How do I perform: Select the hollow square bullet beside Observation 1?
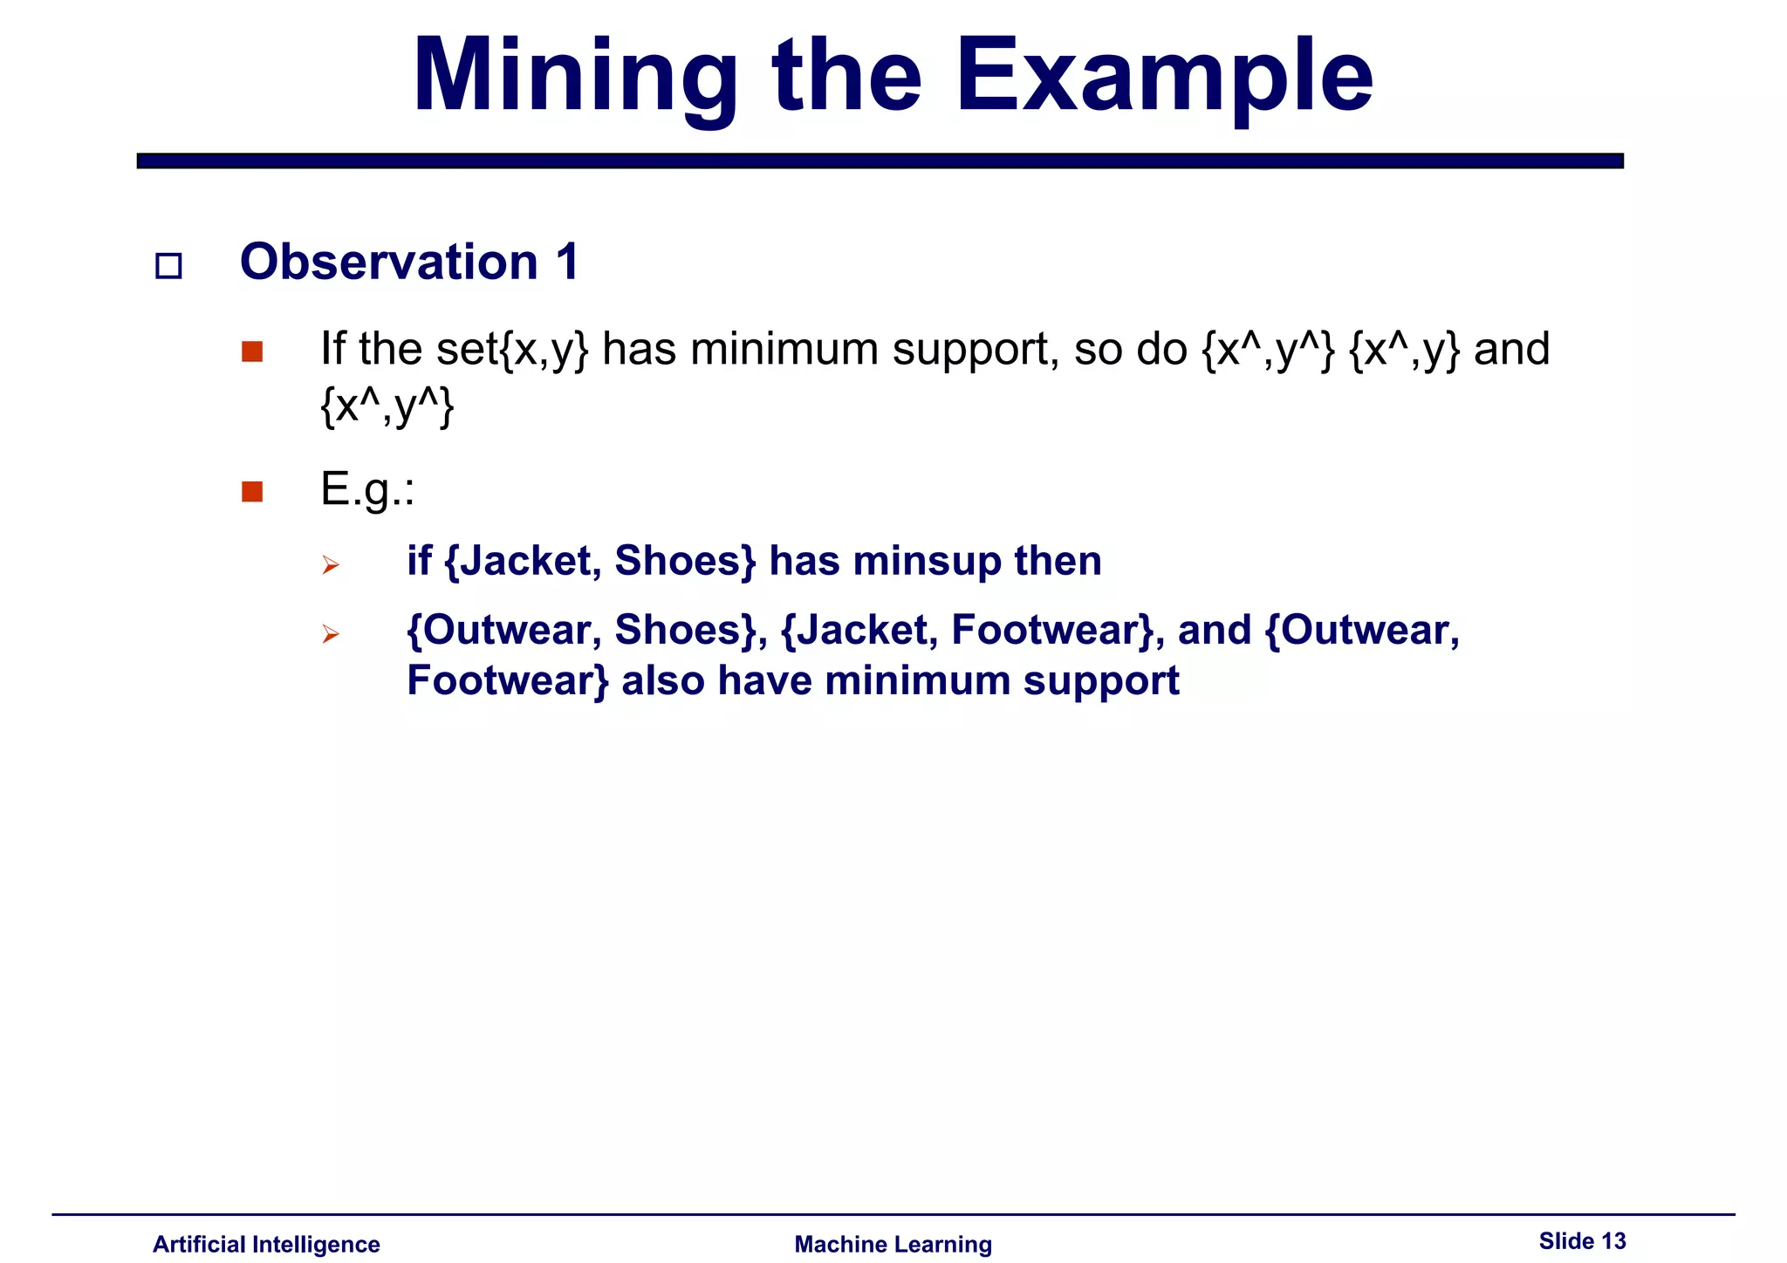[x=168, y=266]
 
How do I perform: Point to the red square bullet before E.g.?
[x=252, y=492]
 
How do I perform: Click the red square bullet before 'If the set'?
[x=252, y=352]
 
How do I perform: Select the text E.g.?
[x=367, y=489]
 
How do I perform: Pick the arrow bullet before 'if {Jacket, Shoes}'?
[x=330, y=565]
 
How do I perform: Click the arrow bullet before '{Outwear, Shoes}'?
[x=330, y=634]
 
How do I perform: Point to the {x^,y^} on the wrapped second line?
[x=387, y=406]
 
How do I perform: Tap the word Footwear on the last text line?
[x=507, y=681]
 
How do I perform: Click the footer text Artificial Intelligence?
[x=266, y=1244]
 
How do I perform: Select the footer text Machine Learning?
[x=893, y=1244]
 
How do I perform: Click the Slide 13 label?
[x=1582, y=1241]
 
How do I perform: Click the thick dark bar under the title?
[x=880, y=160]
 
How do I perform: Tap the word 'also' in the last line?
[x=662, y=681]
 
